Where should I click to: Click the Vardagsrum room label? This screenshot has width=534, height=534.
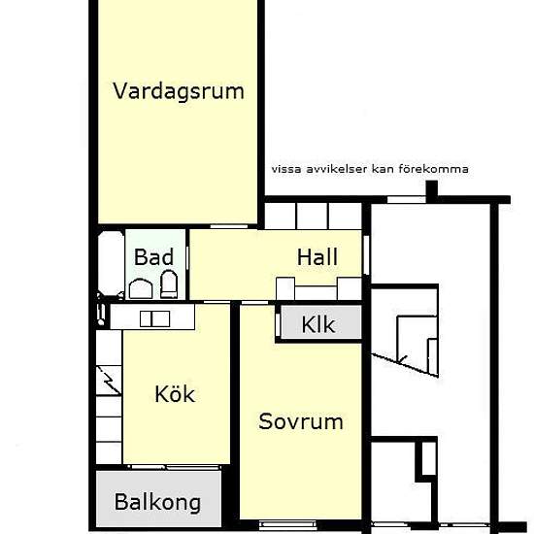(x=179, y=91)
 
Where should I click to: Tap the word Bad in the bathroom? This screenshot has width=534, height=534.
(x=154, y=257)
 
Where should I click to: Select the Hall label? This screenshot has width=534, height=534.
(x=317, y=257)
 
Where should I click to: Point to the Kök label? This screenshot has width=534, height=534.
(x=175, y=394)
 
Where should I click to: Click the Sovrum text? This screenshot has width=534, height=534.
(x=301, y=421)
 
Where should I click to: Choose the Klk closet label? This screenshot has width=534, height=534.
(x=318, y=324)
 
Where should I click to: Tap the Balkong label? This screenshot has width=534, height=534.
(x=157, y=502)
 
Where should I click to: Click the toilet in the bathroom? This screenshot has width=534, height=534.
(x=169, y=284)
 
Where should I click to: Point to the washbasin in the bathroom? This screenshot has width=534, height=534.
(x=141, y=288)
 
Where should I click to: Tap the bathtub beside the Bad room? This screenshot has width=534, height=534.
(x=111, y=263)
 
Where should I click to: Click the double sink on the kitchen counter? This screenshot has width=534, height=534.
(x=155, y=319)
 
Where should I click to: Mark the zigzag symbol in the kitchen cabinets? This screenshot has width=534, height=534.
(x=109, y=381)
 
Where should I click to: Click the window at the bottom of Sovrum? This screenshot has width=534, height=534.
(x=287, y=524)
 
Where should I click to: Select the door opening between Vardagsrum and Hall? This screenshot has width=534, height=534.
(x=229, y=226)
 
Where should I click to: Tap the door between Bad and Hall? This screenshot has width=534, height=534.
(x=187, y=258)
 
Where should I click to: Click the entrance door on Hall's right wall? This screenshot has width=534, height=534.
(x=366, y=254)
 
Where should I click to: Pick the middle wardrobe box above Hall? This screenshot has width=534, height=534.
(x=313, y=217)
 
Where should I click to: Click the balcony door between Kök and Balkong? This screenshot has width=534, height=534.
(x=175, y=467)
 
